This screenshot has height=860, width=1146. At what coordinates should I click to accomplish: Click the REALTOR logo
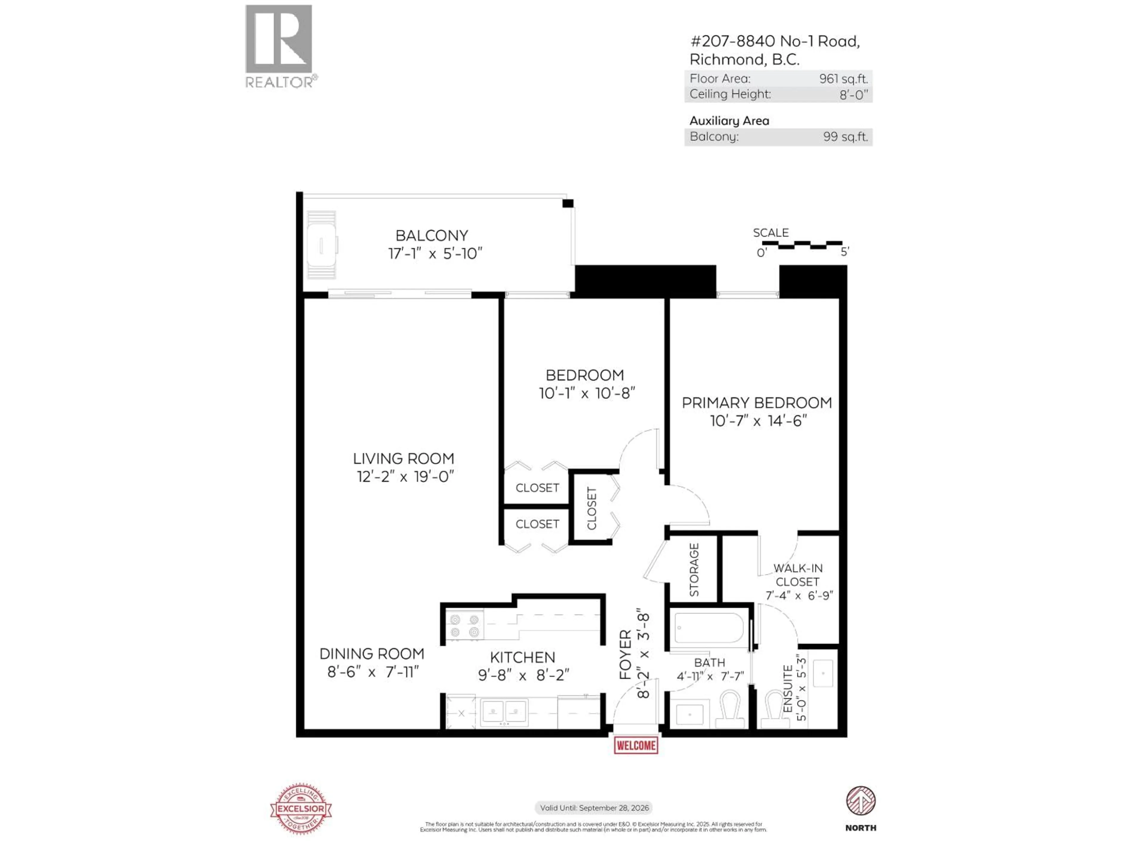click(279, 46)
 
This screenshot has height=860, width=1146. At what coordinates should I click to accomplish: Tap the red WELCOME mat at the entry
click(636, 745)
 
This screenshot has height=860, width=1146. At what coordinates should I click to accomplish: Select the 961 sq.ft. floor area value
click(843, 79)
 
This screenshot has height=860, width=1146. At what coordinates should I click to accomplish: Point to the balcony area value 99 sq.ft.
click(845, 137)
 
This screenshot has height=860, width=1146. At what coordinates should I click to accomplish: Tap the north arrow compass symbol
click(860, 801)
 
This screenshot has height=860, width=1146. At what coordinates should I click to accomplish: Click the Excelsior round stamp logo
click(301, 809)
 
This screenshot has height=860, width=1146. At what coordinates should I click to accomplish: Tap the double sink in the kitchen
click(503, 711)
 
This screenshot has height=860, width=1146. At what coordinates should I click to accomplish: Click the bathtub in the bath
click(709, 628)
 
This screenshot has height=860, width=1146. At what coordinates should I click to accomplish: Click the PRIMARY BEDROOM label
click(757, 403)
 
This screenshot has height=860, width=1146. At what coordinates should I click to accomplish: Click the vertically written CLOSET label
click(592, 509)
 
